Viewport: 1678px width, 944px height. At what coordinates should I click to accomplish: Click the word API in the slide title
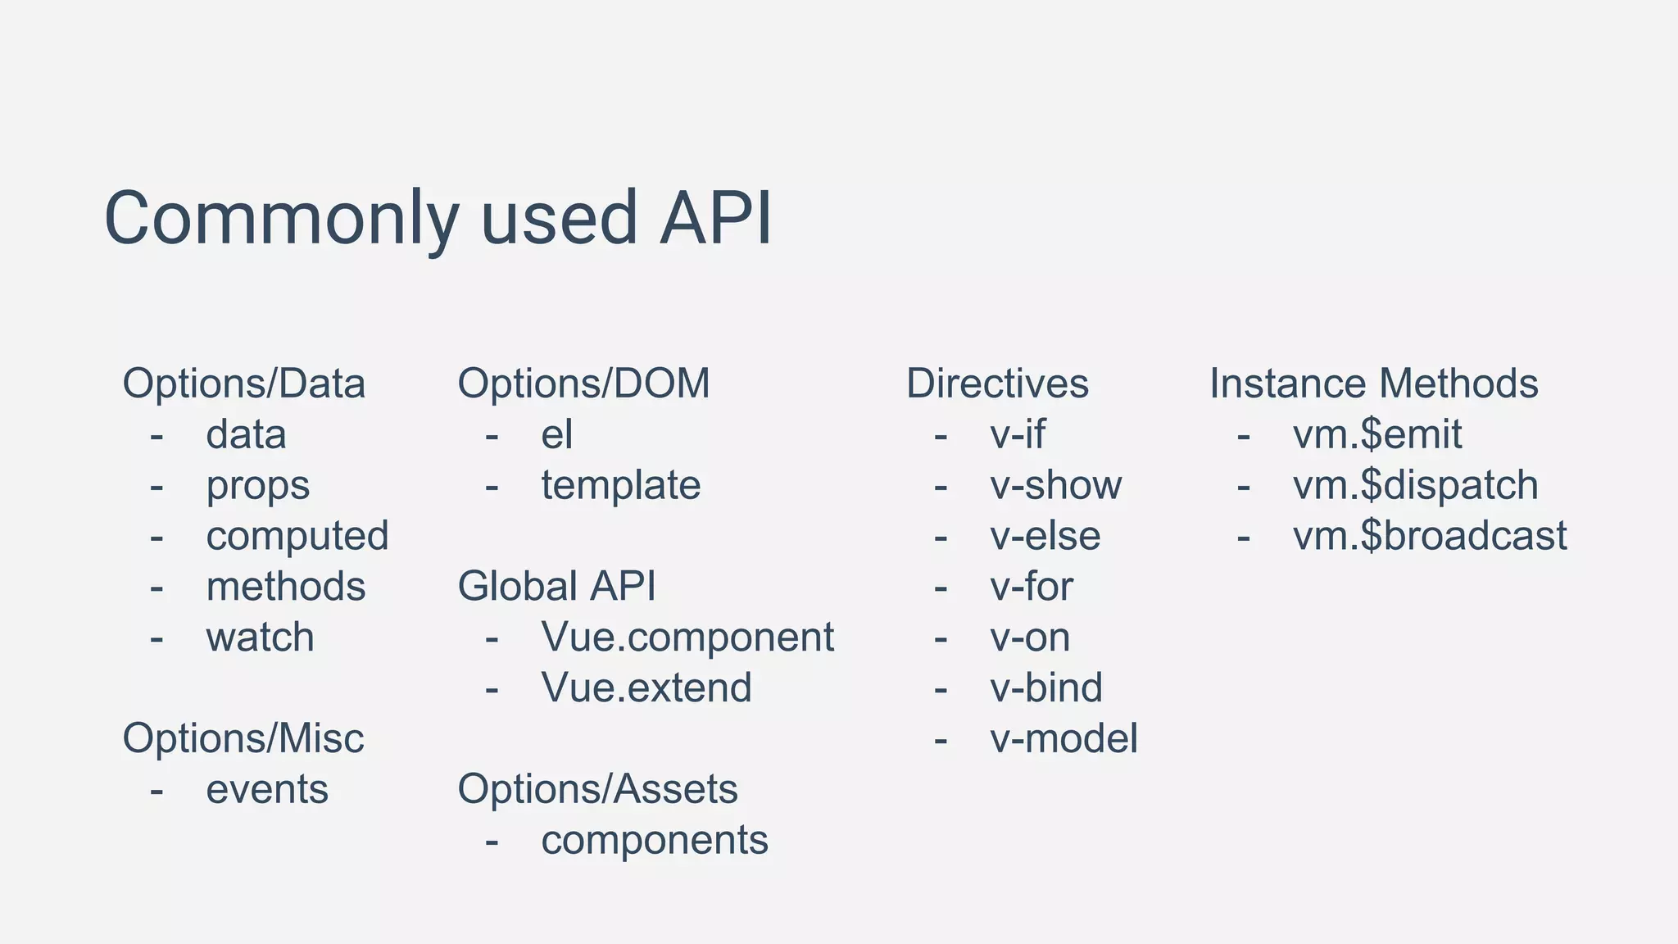click(x=715, y=219)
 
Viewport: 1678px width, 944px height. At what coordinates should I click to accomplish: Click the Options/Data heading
click(x=243, y=383)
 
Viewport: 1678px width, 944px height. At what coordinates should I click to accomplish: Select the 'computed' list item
click(x=297, y=536)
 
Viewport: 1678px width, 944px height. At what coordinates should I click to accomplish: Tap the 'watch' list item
click(x=260, y=638)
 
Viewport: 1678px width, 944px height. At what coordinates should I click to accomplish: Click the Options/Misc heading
click(x=243, y=738)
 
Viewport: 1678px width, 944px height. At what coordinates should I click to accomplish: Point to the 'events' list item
click(x=266, y=790)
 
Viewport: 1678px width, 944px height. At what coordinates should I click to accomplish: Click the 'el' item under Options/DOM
click(x=556, y=434)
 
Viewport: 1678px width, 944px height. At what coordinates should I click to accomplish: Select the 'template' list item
click(x=620, y=485)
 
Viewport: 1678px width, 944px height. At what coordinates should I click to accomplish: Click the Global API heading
click(x=556, y=587)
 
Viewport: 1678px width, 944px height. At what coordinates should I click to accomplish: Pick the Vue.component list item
click(x=687, y=638)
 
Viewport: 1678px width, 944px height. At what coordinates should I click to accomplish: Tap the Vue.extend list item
click(x=646, y=688)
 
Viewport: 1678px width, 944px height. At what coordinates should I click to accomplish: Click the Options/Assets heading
click(x=597, y=789)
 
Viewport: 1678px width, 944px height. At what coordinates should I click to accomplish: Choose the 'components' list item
click(x=654, y=841)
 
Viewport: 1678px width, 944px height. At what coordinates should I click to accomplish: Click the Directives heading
click(x=996, y=383)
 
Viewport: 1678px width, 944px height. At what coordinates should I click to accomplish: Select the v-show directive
click(x=1055, y=485)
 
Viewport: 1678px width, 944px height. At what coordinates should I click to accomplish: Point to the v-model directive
click(x=1063, y=739)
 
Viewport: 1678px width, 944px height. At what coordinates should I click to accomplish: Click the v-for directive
click(x=1031, y=587)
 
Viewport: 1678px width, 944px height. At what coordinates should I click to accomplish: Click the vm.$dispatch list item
click(x=1415, y=485)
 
